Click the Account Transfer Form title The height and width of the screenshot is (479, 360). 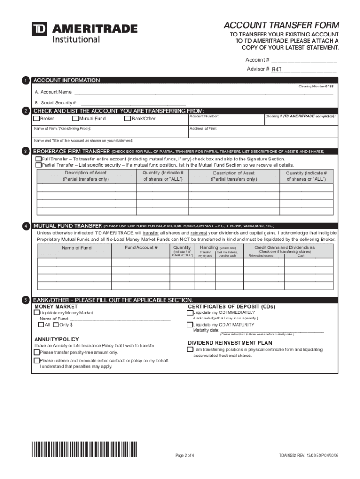pyautogui.click(x=281, y=25)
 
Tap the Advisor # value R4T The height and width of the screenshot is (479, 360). pyautogui.click(x=277, y=69)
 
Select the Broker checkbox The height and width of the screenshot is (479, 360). pyautogui.click(x=37, y=118)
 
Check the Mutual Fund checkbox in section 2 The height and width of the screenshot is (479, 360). pyautogui.click(x=76, y=118)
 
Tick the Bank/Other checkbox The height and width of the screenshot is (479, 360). pyautogui.click(x=127, y=118)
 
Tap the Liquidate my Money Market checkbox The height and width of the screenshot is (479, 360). pyautogui.click(x=36, y=312)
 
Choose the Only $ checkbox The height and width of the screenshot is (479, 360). pyautogui.click(x=56, y=324)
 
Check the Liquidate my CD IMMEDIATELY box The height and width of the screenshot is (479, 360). pyautogui.click(x=190, y=312)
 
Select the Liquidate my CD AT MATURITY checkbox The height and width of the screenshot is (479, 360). pyautogui.click(x=190, y=325)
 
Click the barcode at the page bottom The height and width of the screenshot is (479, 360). pyautogui.click(x=86, y=450)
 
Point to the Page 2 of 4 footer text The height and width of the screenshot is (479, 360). pyautogui.click(x=185, y=455)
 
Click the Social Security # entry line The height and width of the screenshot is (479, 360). pyautogui.click(x=133, y=102)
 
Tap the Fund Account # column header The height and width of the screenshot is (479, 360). pyautogui.click(x=141, y=247)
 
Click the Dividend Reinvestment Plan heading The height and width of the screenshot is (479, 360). pyautogui.click(x=230, y=343)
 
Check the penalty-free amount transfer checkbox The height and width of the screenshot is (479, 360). pyautogui.click(x=36, y=352)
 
